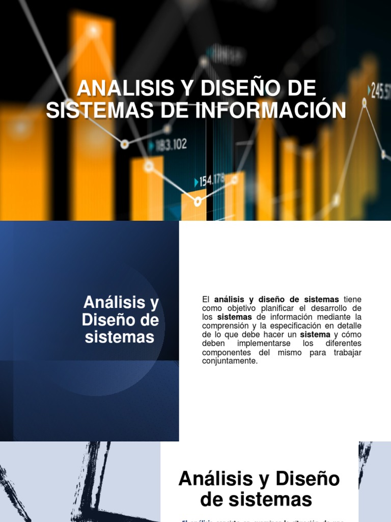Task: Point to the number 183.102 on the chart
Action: click(171, 145)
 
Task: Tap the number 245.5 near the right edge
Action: click(381, 91)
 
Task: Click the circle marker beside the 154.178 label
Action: click(198, 202)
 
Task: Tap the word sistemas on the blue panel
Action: click(120, 337)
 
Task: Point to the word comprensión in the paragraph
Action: click(228, 326)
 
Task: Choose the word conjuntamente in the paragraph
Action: click(230, 361)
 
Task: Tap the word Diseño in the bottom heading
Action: click(308, 479)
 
